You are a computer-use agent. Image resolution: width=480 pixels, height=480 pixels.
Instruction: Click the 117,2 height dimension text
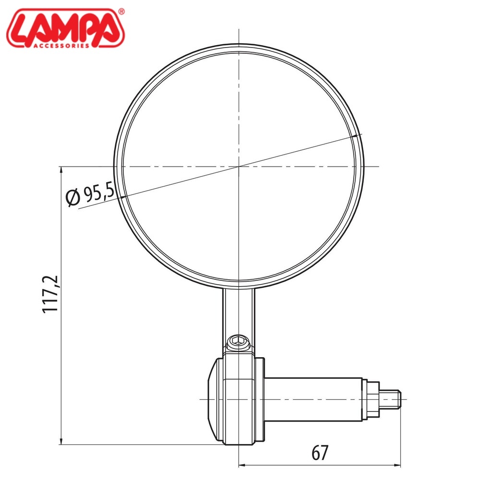(50, 294)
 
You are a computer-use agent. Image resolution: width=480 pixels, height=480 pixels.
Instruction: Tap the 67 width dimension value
(320, 453)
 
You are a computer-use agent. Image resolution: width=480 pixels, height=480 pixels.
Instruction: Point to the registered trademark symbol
(121, 12)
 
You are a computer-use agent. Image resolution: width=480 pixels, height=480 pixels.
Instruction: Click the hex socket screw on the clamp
(239, 340)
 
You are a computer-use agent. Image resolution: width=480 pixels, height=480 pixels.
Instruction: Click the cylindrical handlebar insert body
(313, 399)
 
